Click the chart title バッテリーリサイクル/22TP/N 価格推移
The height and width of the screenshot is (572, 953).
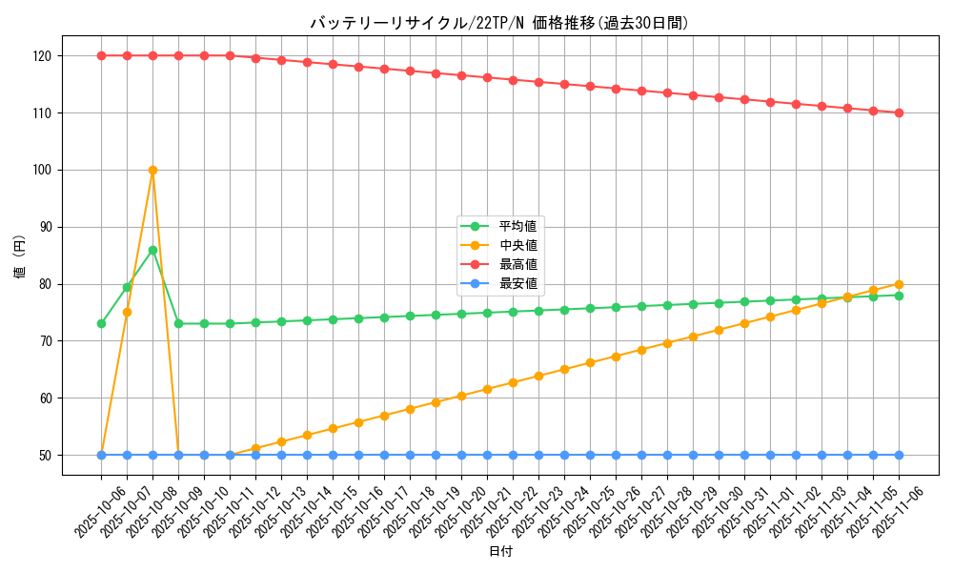[x=499, y=23]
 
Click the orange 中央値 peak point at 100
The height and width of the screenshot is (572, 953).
[x=152, y=170]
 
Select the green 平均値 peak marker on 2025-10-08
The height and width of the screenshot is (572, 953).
[x=152, y=250]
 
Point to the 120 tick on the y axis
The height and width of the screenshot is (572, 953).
[x=42, y=55]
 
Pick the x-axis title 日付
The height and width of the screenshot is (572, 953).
[x=499, y=552]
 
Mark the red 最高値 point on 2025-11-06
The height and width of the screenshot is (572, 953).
[x=899, y=112]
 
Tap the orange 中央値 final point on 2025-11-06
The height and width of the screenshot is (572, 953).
[x=899, y=284]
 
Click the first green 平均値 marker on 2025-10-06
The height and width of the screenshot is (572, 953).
[x=101, y=323]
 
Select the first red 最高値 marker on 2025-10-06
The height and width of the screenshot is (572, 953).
[x=101, y=55]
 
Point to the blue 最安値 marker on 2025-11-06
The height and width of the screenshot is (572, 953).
[x=899, y=455]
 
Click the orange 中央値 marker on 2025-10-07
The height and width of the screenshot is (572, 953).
[x=127, y=312]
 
